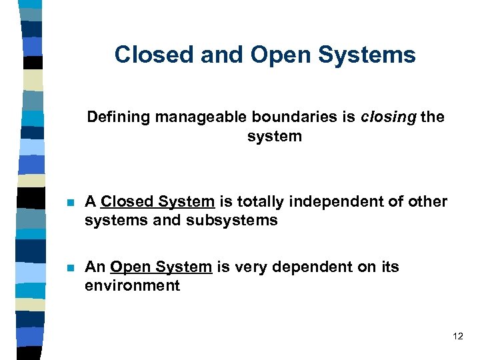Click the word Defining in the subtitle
click(119, 117)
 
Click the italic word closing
click(389, 117)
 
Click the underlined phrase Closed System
click(157, 201)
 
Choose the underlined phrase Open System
click(161, 267)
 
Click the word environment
click(132, 285)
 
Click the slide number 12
click(457, 336)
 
